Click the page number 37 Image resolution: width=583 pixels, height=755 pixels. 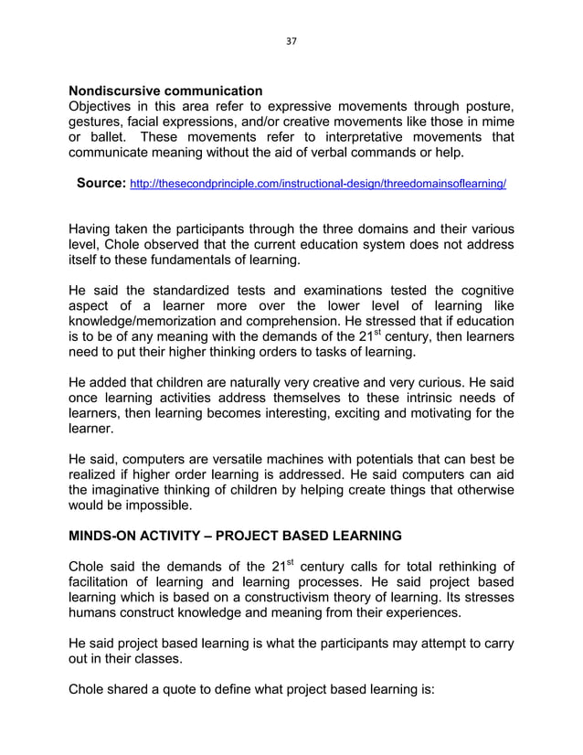coord(291,41)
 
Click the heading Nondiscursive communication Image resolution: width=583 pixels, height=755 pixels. coord(165,91)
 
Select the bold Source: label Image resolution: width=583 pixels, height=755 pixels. coord(101,183)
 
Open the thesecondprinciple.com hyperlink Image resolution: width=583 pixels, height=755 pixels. coord(319,184)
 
